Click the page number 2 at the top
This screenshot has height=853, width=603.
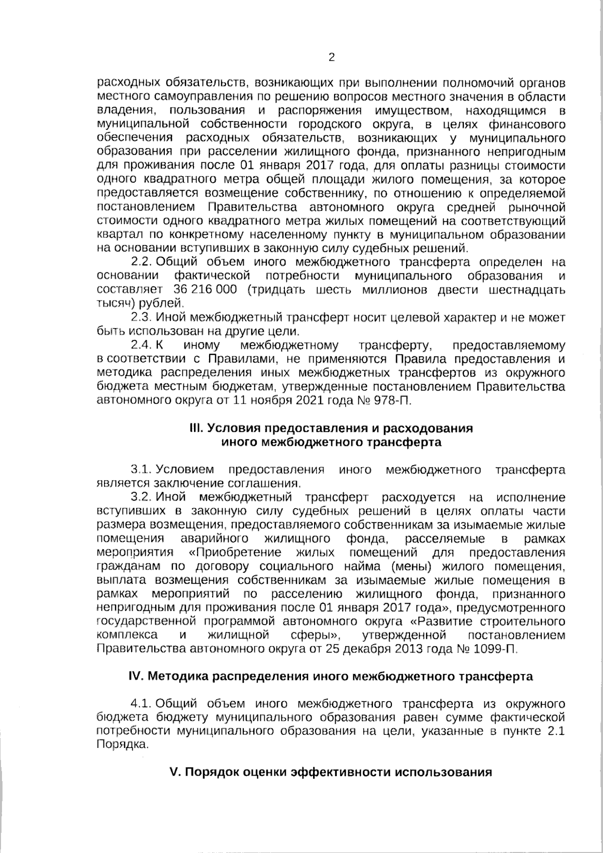(331, 57)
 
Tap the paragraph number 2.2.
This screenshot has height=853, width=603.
(142, 262)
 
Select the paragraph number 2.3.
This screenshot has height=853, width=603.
(142, 318)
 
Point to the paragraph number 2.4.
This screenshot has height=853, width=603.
(142, 345)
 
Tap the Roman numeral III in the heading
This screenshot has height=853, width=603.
(196, 428)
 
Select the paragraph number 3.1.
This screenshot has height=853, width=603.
(142, 470)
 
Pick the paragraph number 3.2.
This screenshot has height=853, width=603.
(142, 498)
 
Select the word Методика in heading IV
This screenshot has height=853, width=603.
(178, 677)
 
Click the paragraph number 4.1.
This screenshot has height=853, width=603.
(142, 704)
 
